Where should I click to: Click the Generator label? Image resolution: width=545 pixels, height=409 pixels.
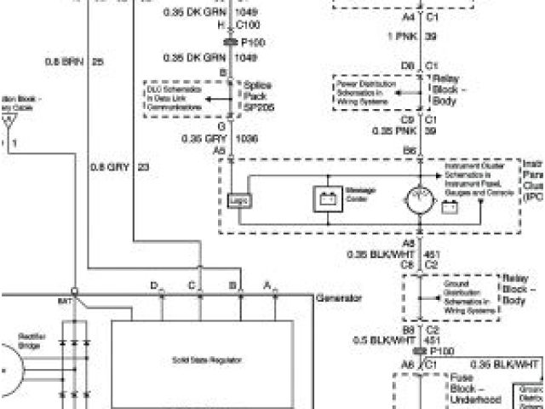tap(339, 299)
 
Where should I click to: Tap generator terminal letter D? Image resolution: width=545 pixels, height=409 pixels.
tap(153, 285)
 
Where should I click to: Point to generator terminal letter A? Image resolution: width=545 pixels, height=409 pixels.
tap(267, 285)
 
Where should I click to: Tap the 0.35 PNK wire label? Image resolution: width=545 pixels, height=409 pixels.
tap(394, 131)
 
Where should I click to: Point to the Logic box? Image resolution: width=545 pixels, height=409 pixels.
tap(238, 199)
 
